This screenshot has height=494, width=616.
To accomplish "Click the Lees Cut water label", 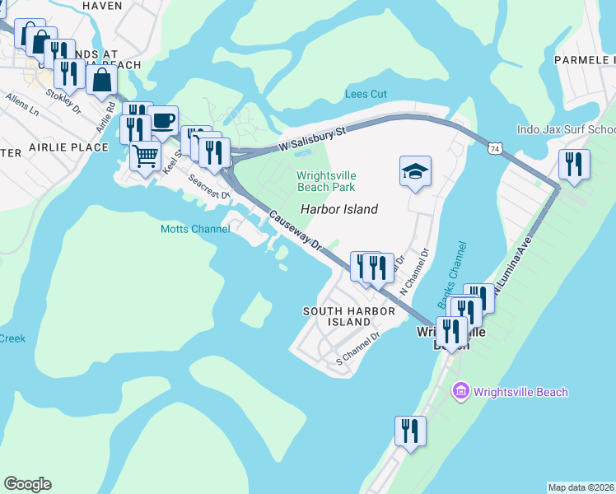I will (x=366, y=94).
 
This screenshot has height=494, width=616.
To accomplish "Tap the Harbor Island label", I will (x=338, y=209).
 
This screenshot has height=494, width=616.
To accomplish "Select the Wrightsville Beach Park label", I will (x=326, y=180).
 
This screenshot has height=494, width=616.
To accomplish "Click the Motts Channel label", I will (x=195, y=229).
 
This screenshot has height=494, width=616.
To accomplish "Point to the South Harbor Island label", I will (x=337, y=316).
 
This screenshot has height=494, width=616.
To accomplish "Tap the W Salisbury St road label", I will (x=310, y=137).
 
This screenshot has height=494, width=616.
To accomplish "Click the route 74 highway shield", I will (x=494, y=148).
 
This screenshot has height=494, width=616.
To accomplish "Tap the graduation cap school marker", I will (x=415, y=171).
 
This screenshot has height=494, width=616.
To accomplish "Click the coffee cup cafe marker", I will (x=163, y=119).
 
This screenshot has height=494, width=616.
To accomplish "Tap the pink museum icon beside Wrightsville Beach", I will (x=460, y=391).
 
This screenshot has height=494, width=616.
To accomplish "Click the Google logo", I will (x=27, y=484).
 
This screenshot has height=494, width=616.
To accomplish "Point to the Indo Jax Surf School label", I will (x=566, y=129).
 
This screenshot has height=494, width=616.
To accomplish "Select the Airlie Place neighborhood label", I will (x=68, y=147).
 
